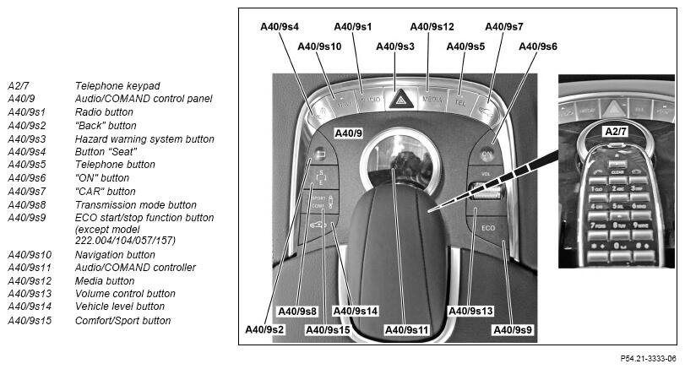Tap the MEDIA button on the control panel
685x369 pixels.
pos(432,99)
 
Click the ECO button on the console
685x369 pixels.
pos(488,229)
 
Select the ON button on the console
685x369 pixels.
pos(487,155)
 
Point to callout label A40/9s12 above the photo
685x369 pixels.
pos(432,27)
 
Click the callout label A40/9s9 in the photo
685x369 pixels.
pos(511,328)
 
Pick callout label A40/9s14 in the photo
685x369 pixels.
pos(355,311)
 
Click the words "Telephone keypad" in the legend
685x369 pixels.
pos(117,86)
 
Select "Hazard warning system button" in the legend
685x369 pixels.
pos(144,139)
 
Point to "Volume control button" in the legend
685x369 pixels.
pos(126,294)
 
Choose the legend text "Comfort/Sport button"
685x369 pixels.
pos(123,321)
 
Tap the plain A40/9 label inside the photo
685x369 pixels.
pos(348,133)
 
